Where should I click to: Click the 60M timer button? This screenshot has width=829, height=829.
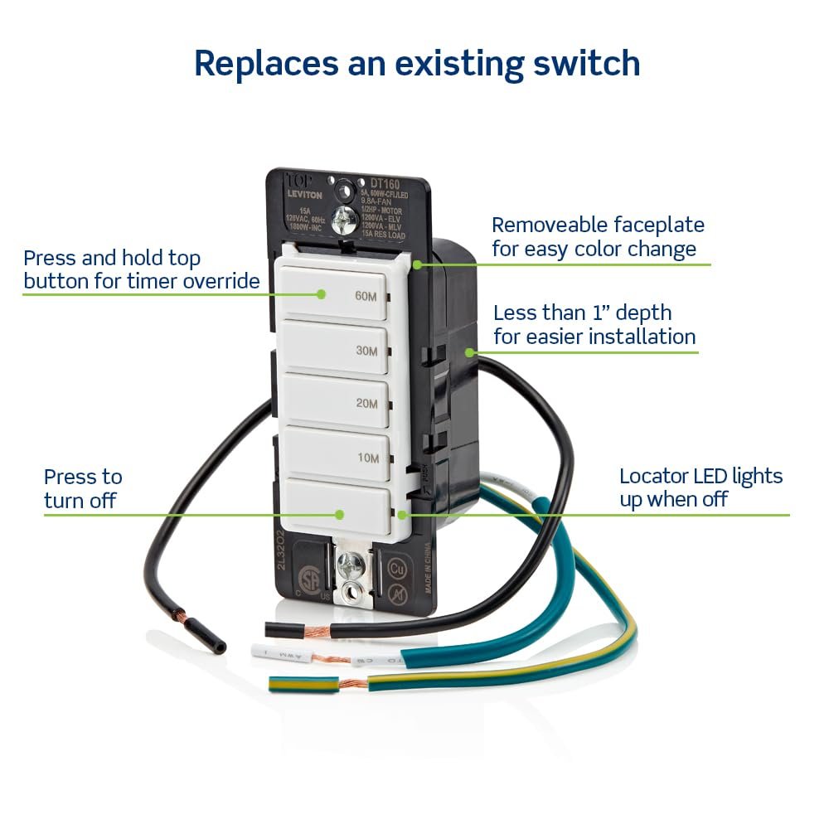[336, 293]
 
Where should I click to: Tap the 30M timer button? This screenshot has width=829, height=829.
[336, 349]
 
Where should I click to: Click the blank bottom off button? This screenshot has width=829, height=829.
[336, 507]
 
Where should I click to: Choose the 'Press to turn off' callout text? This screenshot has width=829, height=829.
[83, 488]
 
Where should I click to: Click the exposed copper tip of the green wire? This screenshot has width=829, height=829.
[351, 685]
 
